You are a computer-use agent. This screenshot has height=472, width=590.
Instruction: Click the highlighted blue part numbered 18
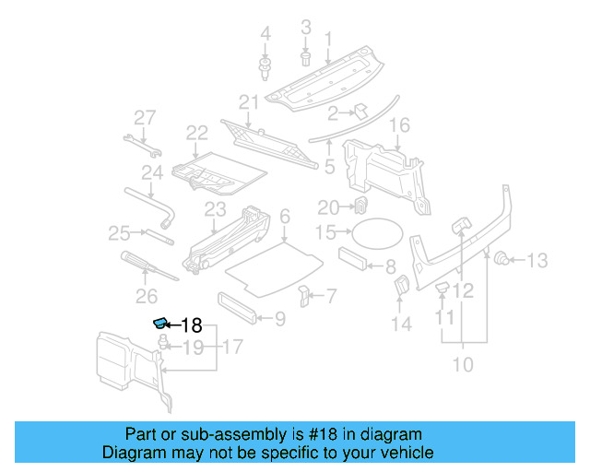pyautogui.click(x=160, y=323)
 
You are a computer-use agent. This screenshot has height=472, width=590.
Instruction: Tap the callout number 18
pyautogui.click(x=191, y=324)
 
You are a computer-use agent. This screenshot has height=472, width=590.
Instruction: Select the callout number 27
pyautogui.click(x=145, y=117)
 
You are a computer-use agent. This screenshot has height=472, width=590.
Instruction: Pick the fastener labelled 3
pyautogui.click(x=305, y=59)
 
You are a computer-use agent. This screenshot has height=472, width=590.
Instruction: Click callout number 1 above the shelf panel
pyautogui.click(x=327, y=38)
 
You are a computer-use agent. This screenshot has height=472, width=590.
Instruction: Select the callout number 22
pyautogui.click(x=196, y=133)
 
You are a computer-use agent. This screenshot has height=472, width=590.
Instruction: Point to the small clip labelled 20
pyautogui.click(x=363, y=205)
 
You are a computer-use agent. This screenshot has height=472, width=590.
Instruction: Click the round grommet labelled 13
pyautogui.click(x=502, y=259)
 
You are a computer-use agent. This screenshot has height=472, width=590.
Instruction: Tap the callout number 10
pyautogui.click(x=462, y=364)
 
